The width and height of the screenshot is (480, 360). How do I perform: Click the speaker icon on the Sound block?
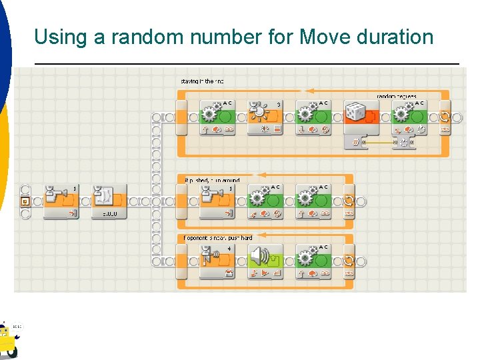tap(260, 257)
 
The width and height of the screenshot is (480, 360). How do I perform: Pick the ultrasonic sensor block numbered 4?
tap(217, 260)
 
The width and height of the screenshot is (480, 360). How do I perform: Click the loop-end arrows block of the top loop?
tap(445, 117)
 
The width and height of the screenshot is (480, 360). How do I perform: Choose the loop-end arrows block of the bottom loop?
tap(349, 260)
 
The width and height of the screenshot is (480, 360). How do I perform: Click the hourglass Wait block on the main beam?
tap(109, 200)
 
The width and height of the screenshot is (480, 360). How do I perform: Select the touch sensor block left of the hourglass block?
tap(61, 200)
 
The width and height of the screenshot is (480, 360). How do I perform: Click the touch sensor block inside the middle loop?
tap(217, 200)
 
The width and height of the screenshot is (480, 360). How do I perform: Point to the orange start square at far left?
tap(25, 201)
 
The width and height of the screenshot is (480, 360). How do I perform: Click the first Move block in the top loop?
tap(217, 117)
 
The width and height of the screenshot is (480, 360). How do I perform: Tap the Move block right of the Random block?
tap(409, 117)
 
